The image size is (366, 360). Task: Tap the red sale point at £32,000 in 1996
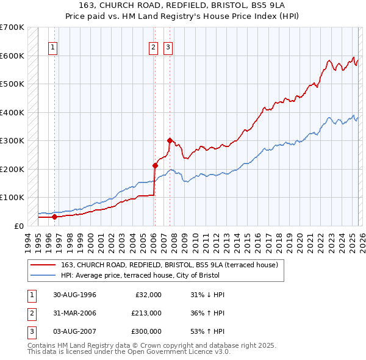pyautogui.click(x=54, y=217)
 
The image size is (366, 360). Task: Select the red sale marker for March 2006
pyautogui.click(x=155, y=165)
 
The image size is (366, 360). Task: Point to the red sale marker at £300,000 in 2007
pyautogui.click(x=170, y=140)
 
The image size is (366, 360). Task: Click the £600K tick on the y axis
pyautogui.click(x=12, y=56)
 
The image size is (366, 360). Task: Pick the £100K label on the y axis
pyautogui.click(x=12, y=198)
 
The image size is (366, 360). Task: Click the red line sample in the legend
pyautogui.click(x=45, y=265)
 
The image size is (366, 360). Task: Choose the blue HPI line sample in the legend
pyautogui.click(x=45, y=275)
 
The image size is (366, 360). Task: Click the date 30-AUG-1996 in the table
pyautogui.click(x=74, y=295)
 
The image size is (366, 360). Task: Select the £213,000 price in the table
pyautogui.click(x=146, y=313)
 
